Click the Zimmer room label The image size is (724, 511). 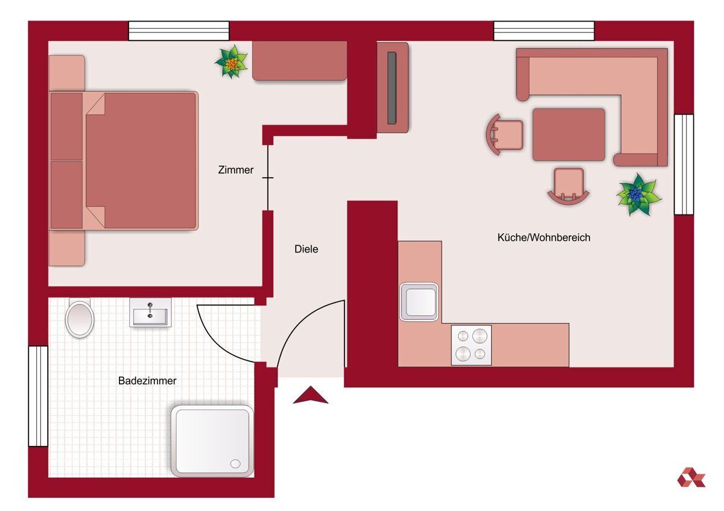236,170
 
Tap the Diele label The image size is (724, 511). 306,249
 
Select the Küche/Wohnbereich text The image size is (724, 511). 544,237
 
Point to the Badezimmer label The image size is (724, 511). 147,381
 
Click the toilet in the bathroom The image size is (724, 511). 80,318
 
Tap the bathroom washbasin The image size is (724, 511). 150,313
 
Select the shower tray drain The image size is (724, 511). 235,464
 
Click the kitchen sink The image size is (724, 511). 419,302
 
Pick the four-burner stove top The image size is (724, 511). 471,345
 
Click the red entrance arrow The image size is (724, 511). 311,395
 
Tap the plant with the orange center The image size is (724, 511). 232,61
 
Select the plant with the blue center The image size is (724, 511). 638,194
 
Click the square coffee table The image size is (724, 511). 569,134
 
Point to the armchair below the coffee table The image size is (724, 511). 568,187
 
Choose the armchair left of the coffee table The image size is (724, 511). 504,135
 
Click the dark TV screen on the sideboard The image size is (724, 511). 392,88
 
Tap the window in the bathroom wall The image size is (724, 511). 38,396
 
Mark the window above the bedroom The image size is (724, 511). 179,31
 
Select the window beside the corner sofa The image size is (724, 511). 684,165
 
